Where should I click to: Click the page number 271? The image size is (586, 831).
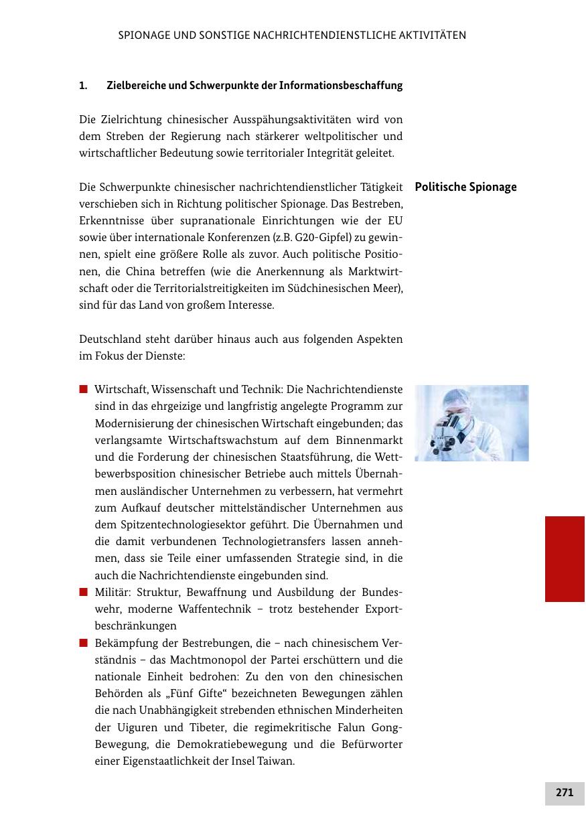click(x=565, y=792)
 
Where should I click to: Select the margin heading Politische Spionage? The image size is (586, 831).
click(x=465, y=187)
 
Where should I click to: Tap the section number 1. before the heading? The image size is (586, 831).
click(x=83, y=86)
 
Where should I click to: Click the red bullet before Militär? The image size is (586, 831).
click(x=84, y=592)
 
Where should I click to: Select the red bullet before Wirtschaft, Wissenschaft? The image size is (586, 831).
click(x=84, y=389)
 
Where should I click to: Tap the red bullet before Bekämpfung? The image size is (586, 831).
click(x=84, y=643)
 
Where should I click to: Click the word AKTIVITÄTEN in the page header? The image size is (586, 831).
click(x=432, y=35)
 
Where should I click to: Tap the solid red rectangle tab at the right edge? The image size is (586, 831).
click(x=565, y=558)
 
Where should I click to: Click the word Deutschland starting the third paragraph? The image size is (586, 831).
click(x=109, y=339)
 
